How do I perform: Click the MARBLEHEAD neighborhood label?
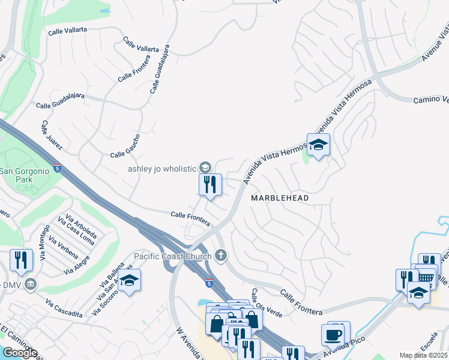pos(280,198)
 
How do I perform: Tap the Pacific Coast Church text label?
pos(173,256)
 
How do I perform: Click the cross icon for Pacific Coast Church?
pos(221,256)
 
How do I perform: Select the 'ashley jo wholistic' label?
pos(163,168)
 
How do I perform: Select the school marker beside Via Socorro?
pos(129,281)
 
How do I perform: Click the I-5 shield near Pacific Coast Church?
pos(208,283)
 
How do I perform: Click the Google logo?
pos(20,353)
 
